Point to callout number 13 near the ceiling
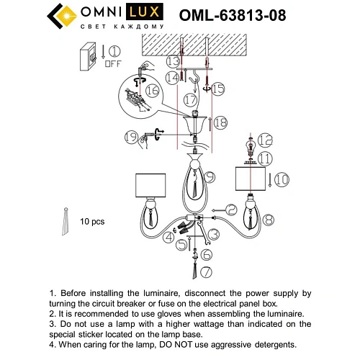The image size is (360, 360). pos(173,62)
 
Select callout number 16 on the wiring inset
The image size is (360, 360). pos(151,91)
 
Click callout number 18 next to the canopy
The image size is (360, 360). pos(221,123)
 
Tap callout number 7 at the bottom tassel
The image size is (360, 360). pos(207,271)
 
